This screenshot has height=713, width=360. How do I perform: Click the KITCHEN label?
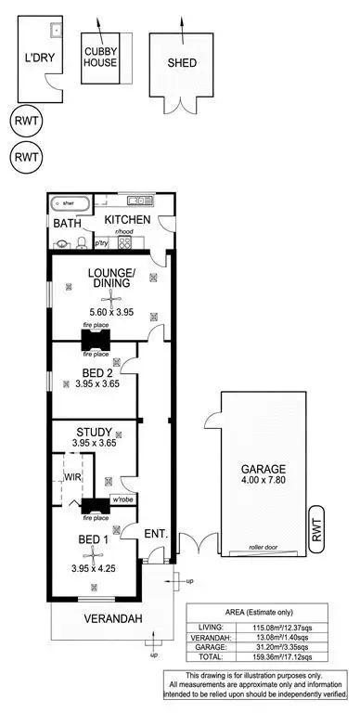coord(127,219)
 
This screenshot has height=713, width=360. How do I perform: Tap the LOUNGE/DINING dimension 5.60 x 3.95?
coord(111,313)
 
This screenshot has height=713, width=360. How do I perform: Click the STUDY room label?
coord(93,431)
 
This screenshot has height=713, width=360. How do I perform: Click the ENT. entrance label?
coord(155,534)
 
